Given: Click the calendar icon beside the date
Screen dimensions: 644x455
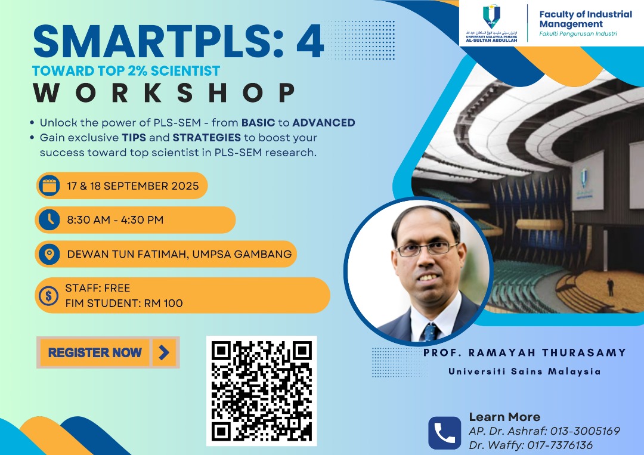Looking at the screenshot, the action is click(x=49, y=185).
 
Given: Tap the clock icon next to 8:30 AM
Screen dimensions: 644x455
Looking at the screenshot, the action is click(x=49, y=219).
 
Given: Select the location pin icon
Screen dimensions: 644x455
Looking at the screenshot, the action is click(x=49, y=254).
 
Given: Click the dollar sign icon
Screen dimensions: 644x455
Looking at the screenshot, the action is click(x=49, y=295).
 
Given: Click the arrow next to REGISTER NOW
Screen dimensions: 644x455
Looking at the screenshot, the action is click(x=164, y=352).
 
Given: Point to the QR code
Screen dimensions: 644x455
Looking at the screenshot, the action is click(x=262, y=391).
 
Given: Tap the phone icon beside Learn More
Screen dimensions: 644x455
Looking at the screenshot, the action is click(x=445, y=434).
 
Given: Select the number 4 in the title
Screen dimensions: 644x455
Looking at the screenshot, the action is click(x=310, y=41).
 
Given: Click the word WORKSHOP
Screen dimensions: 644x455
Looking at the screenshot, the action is click(x=165, y=93).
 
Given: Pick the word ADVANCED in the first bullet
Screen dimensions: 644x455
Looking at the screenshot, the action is click(x=324, y=123).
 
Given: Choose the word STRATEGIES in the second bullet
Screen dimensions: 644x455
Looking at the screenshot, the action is click(x=206, y=138).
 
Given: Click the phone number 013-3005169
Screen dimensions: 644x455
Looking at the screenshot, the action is click(x=585, y=431).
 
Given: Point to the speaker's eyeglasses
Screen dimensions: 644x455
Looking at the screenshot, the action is click(x=427, y=249).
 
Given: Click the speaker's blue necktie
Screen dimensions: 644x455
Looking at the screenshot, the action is click(x=429, y=332).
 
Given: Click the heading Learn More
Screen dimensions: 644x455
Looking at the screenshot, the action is click(x=504, y=417).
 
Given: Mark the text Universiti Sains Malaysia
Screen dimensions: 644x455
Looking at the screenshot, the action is click(x=525, y=372).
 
